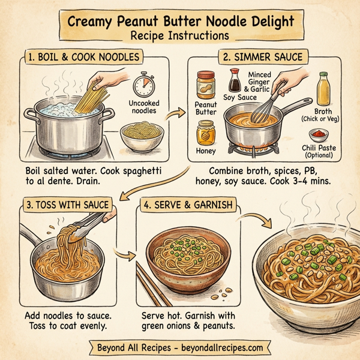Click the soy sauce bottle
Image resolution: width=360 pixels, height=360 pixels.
coord(235,80)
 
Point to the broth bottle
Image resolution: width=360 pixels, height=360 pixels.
coord(323,90)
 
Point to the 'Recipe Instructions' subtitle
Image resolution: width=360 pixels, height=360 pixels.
coord(180,36)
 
